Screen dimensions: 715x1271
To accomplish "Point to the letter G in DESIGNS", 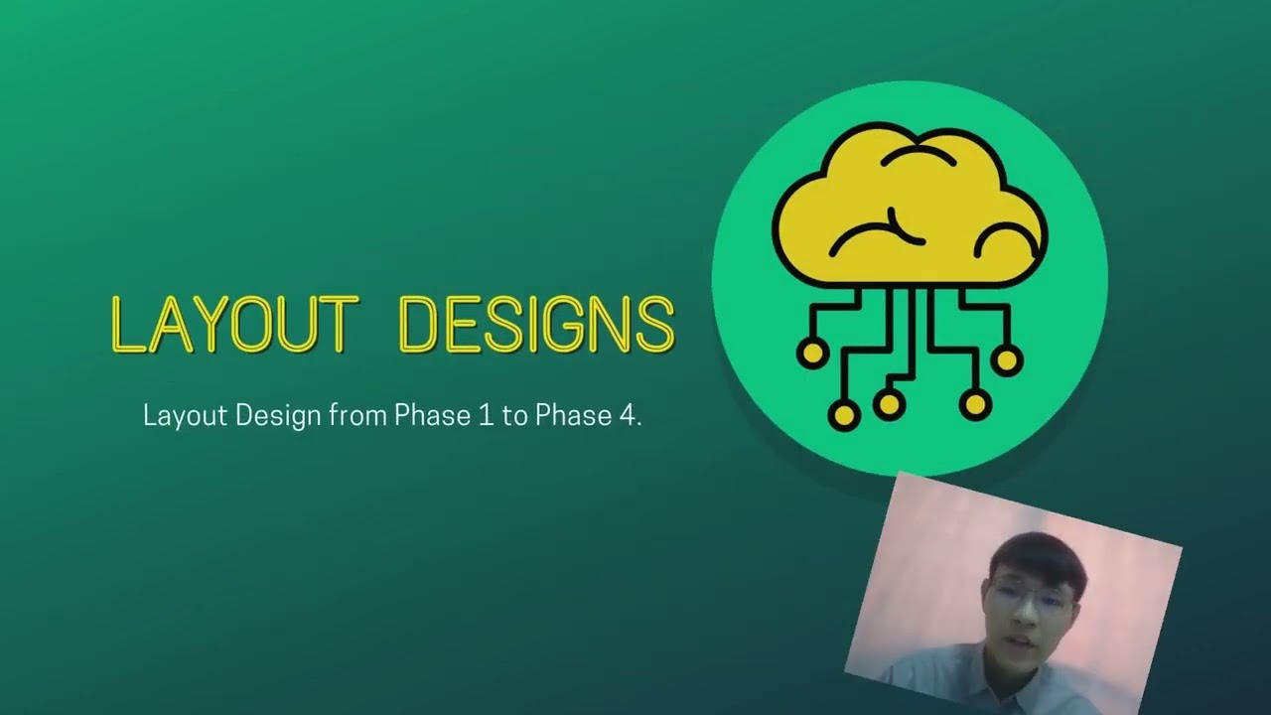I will point(557,325).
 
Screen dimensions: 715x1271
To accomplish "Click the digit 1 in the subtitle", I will point(486,415).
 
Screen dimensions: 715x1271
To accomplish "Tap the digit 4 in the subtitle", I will point(628,415).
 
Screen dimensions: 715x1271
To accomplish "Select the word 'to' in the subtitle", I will point(513,415).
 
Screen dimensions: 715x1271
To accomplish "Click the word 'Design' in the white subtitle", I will point(278,415).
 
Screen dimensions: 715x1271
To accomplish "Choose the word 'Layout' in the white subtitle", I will point(185,415).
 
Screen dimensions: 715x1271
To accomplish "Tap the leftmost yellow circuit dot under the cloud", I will point(812,353).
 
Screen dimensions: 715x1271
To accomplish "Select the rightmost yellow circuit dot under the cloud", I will point(1006,359).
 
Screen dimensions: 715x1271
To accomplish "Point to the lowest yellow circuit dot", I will point(844,414).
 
